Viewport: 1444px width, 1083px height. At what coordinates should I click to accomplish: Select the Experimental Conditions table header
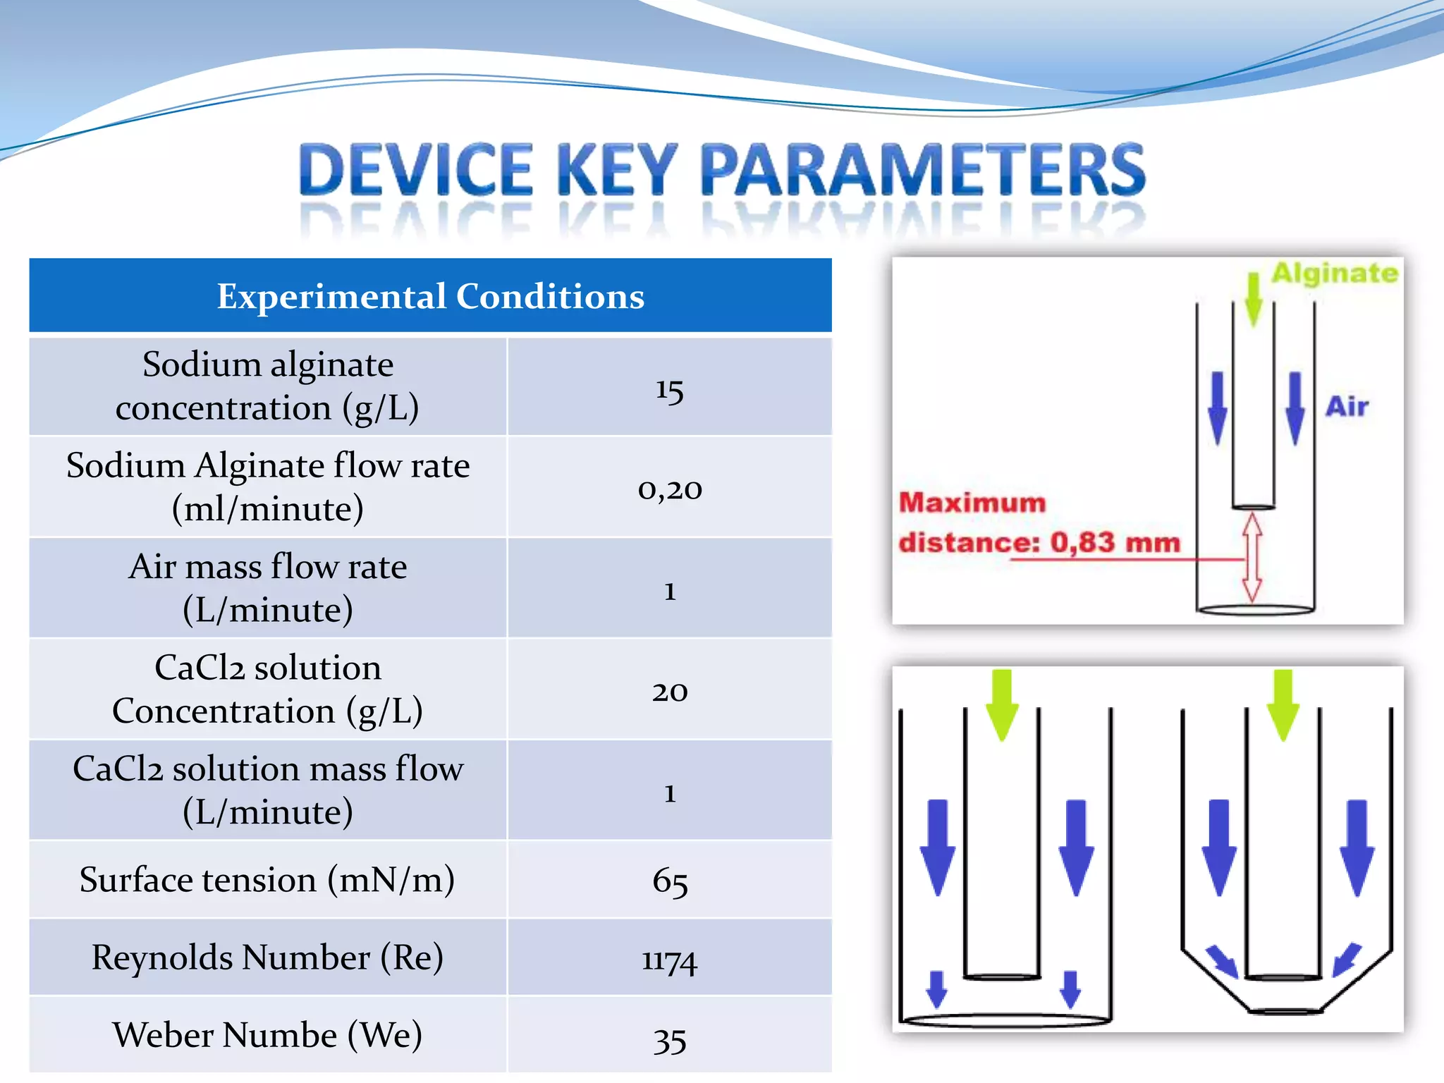[430, 296]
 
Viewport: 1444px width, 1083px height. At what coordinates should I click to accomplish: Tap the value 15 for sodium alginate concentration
[669, 389]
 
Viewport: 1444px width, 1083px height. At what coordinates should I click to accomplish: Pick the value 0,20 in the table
[669, 489]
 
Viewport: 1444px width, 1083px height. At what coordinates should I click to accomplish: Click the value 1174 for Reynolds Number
[669, 960]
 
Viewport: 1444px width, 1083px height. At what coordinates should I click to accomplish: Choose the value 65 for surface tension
[669, 881]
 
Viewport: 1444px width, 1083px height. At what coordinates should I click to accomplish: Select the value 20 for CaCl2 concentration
[669, 691]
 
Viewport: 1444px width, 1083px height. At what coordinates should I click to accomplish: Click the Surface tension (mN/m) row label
[267, 880]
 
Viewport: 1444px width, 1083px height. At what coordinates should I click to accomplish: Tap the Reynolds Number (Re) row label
[267, 957]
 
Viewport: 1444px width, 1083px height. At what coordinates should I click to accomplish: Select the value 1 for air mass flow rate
[669, 590]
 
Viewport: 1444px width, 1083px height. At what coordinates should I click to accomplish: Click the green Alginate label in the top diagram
[1334, 274]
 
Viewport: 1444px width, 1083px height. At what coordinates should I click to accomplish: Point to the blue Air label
[1346, 407]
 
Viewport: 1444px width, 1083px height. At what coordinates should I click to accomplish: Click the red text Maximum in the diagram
[972, 503]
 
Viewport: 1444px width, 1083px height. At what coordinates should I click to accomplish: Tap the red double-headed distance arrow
[1252, 557]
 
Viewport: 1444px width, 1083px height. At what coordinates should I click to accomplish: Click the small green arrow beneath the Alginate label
[1253, 300]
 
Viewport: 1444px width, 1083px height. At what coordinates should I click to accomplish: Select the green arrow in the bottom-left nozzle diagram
[1001, 704]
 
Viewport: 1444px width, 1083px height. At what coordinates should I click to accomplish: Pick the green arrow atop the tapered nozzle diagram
[1283, 704]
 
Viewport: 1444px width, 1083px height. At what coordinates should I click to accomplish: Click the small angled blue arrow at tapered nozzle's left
[1221, 960]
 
